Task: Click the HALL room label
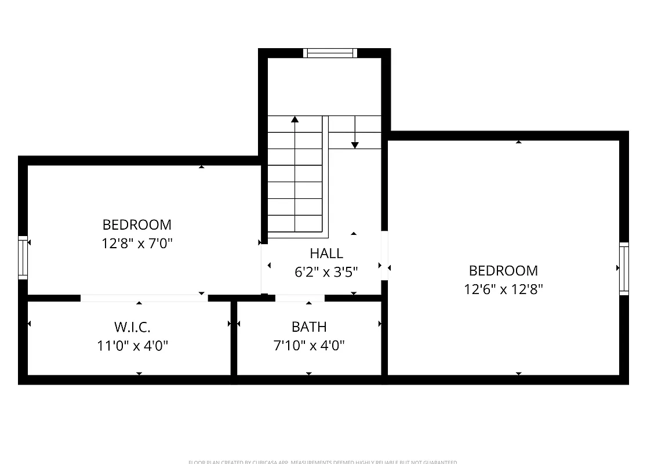tap(326, 253)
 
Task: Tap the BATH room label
tap(309, 327)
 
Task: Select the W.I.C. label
tap(133, 327)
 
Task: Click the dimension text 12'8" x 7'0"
tap(137, 243)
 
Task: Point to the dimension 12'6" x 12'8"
tap(503, 289)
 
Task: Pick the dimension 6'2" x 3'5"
tap(326, 271)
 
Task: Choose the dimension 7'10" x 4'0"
tap(309, 346)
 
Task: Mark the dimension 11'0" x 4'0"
tap(133, 346)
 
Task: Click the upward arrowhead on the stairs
tap(295, 119)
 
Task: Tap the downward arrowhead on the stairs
tap(355, 144)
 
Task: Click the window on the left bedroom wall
tap(23, 257)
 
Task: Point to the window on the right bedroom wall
tap(624, 269)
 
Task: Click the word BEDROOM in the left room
tap(137, 224)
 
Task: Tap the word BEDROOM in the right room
tap(503, 270)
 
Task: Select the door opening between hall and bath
tap(300, 298)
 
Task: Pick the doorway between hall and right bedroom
tap(384, 256)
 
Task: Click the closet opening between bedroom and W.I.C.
tap(144, 298)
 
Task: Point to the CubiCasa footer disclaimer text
tap(323, 462)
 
